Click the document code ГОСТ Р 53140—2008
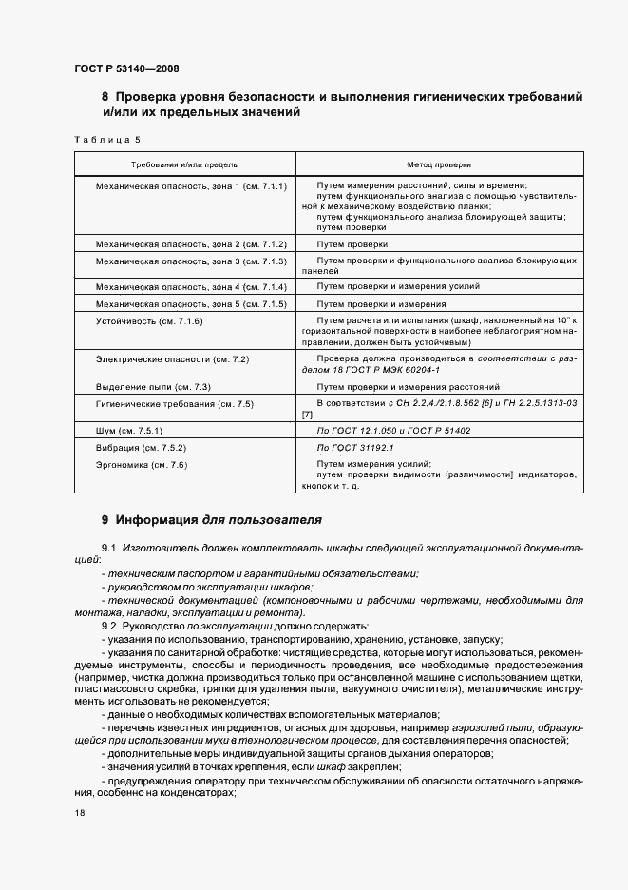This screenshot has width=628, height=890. (125, 68)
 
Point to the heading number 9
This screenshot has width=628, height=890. (105, 521)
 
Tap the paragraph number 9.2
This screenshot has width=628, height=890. (107, 627)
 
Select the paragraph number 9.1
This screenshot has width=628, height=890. (107, 551)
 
